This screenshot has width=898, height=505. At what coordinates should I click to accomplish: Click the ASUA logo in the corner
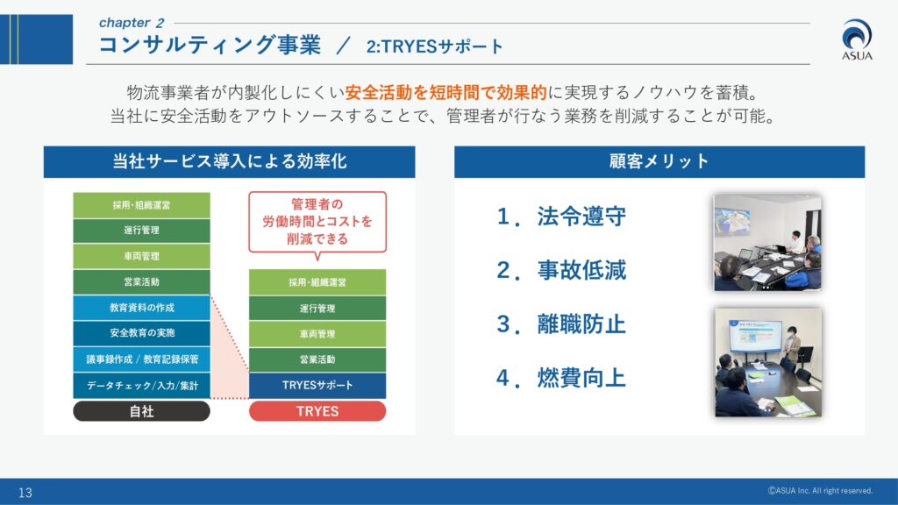(x=857, y=39)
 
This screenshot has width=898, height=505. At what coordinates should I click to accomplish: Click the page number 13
(x=25, y=493)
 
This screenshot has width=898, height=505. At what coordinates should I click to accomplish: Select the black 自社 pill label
(x=141, y=411)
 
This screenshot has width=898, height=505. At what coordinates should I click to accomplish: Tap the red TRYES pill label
(x=317, y=411)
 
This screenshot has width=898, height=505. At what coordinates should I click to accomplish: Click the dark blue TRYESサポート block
(x=317, y=386)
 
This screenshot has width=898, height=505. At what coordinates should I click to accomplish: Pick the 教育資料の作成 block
(x=141, y=308)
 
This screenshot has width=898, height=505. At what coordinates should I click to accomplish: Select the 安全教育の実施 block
(x=141, y=333)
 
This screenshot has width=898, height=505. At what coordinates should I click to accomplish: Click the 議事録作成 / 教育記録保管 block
(x=141, y=359)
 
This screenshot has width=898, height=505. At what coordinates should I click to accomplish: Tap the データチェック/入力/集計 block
(x=141, y=386)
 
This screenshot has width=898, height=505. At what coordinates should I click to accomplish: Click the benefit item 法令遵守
(x=561, y=217)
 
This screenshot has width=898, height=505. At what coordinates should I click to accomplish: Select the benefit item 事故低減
(x=561, y=270)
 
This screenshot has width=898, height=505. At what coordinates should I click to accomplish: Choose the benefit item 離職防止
(x=561, y=324)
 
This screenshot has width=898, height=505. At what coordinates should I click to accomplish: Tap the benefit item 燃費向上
(x=561, y=378)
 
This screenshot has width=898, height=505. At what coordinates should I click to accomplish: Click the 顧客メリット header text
(x=659, y=161)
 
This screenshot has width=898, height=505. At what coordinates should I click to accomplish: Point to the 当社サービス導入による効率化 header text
(x=229, y=161)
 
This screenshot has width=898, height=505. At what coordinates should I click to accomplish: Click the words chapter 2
(x=132, y=23)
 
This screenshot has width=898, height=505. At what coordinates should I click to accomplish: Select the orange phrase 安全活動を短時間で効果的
(x=446, y=92)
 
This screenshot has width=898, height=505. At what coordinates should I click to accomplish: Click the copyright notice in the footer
(x=820, y=491)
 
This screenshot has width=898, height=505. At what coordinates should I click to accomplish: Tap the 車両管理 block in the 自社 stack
(x=141, y=256)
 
